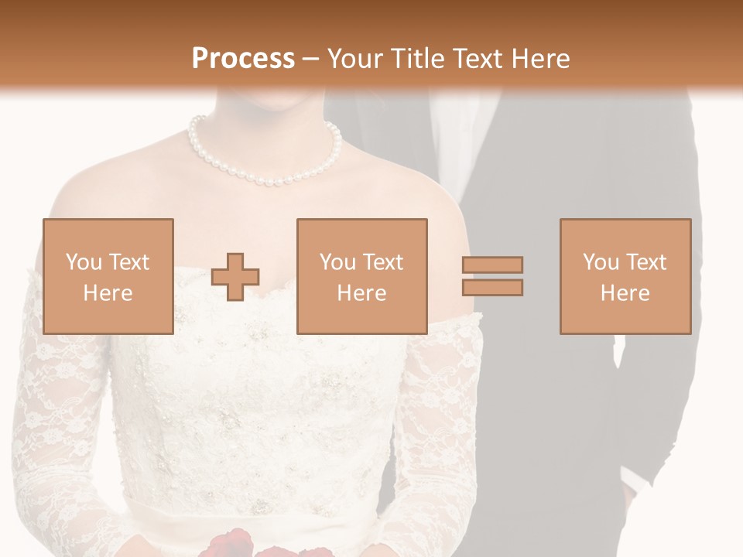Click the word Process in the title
(x=243, y=58)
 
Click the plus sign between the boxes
(x=235, y=276)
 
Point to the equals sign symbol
(x=492, y=276)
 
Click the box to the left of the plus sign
(x=108, y=276)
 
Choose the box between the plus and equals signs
(x=361, y=276)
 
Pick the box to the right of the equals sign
(x=625, y=276)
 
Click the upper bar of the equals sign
(x=492, y=265)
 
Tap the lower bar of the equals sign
(x=492, y=288)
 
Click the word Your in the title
(x=353, y=58)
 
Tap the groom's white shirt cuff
(x=634, y=481)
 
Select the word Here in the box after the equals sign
(x=625, y=292)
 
